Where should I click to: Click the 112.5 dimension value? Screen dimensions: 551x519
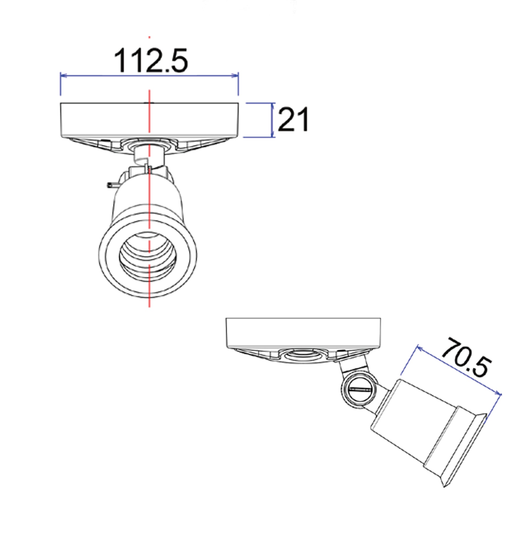pyautogui.click(x=151, y=61)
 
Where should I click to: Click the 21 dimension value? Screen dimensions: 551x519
pyautogui.click(x=293, y=119)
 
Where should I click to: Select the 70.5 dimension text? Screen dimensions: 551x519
pyautogui.click(x=466, y=358)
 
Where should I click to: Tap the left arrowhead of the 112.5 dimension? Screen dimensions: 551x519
pyautogui.click(x=63, y=75)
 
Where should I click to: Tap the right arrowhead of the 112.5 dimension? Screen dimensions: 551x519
pyautogui.click(x=236, y=75)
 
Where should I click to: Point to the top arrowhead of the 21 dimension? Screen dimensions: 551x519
pyautogui.click(x=273, y=105)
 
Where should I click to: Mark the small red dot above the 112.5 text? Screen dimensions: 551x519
pyautogui.click(x=149, y=37)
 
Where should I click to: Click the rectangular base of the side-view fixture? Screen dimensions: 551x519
pyautogui.click(x=303, y=332)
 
